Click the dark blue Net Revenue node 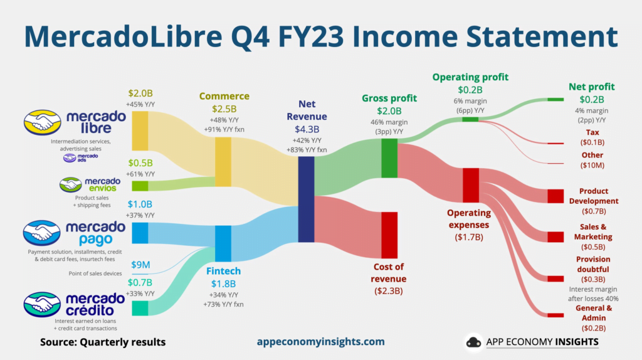306,199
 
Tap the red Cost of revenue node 389,235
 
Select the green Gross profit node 389,158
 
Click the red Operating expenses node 471,185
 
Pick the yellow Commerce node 223,162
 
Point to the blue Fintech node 223,243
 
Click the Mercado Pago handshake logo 42,233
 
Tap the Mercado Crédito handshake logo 42,304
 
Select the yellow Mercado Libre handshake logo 42,122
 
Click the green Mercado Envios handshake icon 70,185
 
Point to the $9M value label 140,265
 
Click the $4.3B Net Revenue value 307,129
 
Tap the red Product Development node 555,196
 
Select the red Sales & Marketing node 555,236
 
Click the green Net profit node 555,99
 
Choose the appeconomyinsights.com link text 320,342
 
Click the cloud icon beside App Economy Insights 474,342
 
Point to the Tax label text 592,132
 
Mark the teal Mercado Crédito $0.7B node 140,308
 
